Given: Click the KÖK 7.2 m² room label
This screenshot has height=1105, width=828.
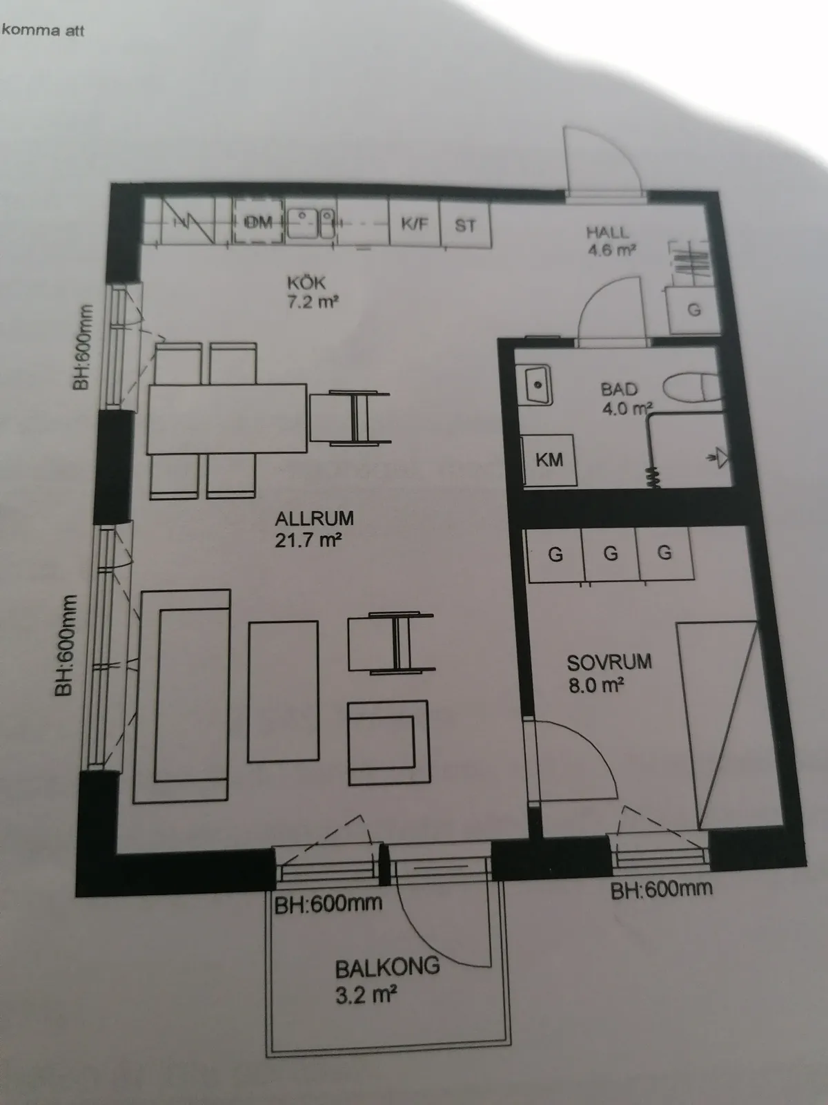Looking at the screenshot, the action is (313, 292).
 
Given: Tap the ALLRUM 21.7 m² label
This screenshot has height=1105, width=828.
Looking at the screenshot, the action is (314, 529).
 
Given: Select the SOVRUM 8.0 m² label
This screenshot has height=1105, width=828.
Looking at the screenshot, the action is (609, 673).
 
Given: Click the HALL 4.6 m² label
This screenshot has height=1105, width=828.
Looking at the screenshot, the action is (611, 241).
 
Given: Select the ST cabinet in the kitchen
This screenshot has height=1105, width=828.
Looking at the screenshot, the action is (466, 224).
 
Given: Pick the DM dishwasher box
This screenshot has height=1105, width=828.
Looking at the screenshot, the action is (258, 222).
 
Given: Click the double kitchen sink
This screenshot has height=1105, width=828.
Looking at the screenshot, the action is (310, 222).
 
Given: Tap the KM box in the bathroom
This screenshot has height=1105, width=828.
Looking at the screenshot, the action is (549, 460).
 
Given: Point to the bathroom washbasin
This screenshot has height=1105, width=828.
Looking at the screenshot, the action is (534, 385).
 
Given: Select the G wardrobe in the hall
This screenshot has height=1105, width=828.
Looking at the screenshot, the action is (694, 309).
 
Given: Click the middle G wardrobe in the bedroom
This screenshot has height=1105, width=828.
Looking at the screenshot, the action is (611, 554).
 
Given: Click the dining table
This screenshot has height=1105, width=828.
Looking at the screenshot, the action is (227, 419).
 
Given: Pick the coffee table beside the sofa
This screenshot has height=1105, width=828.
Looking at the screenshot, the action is (283, 692).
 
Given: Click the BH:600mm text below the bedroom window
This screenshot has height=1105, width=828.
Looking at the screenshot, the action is (661, 890).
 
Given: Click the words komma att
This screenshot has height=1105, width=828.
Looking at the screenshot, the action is (43, 30).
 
